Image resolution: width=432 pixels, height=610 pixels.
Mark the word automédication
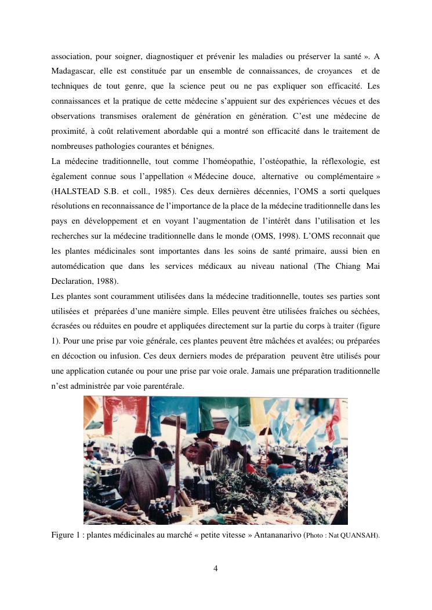(78, 266)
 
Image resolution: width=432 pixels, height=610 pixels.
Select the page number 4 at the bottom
(216, 568)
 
